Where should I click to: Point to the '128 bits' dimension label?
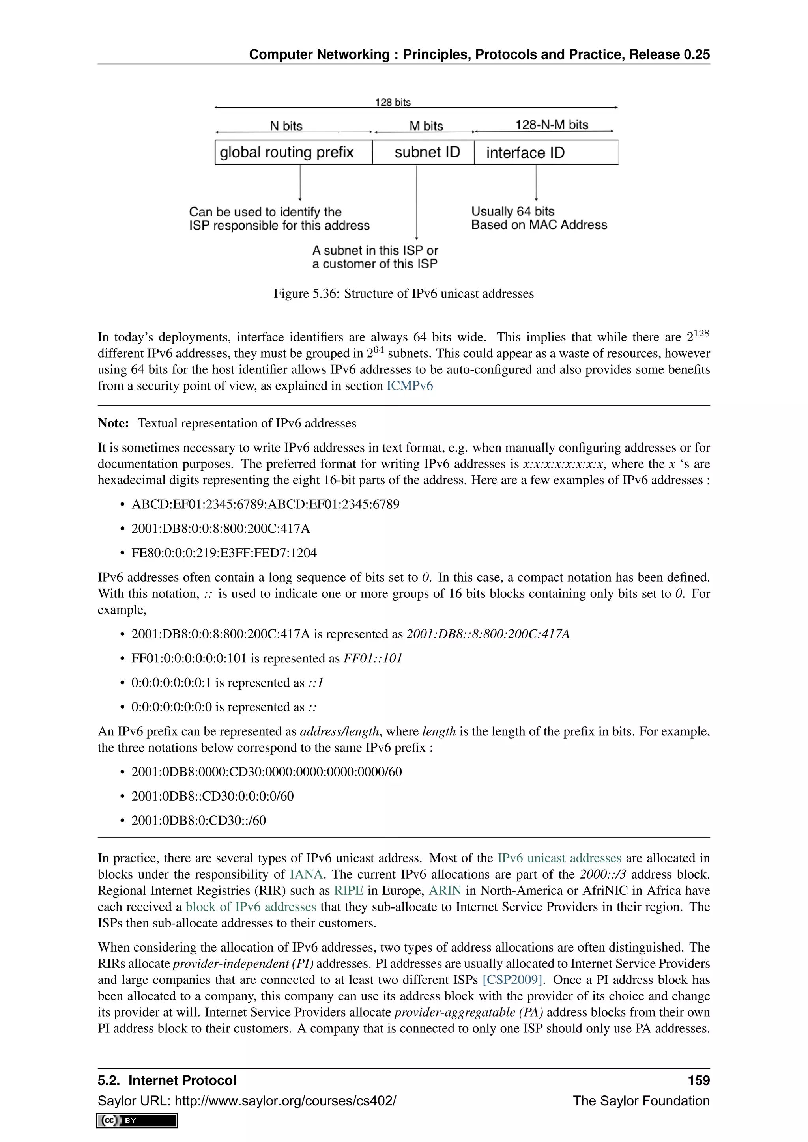393,102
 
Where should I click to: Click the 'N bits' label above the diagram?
286,126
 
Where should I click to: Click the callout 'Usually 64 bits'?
512,211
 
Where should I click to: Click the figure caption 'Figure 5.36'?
404,293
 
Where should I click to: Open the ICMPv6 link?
410,386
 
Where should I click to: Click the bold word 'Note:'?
113,423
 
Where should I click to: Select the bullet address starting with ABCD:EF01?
265,504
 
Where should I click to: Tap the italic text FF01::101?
373,659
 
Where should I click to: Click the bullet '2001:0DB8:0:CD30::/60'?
198,821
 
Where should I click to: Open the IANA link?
306,874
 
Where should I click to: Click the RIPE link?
348,891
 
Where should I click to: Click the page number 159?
699,1080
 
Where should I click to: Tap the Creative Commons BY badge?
137,1121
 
